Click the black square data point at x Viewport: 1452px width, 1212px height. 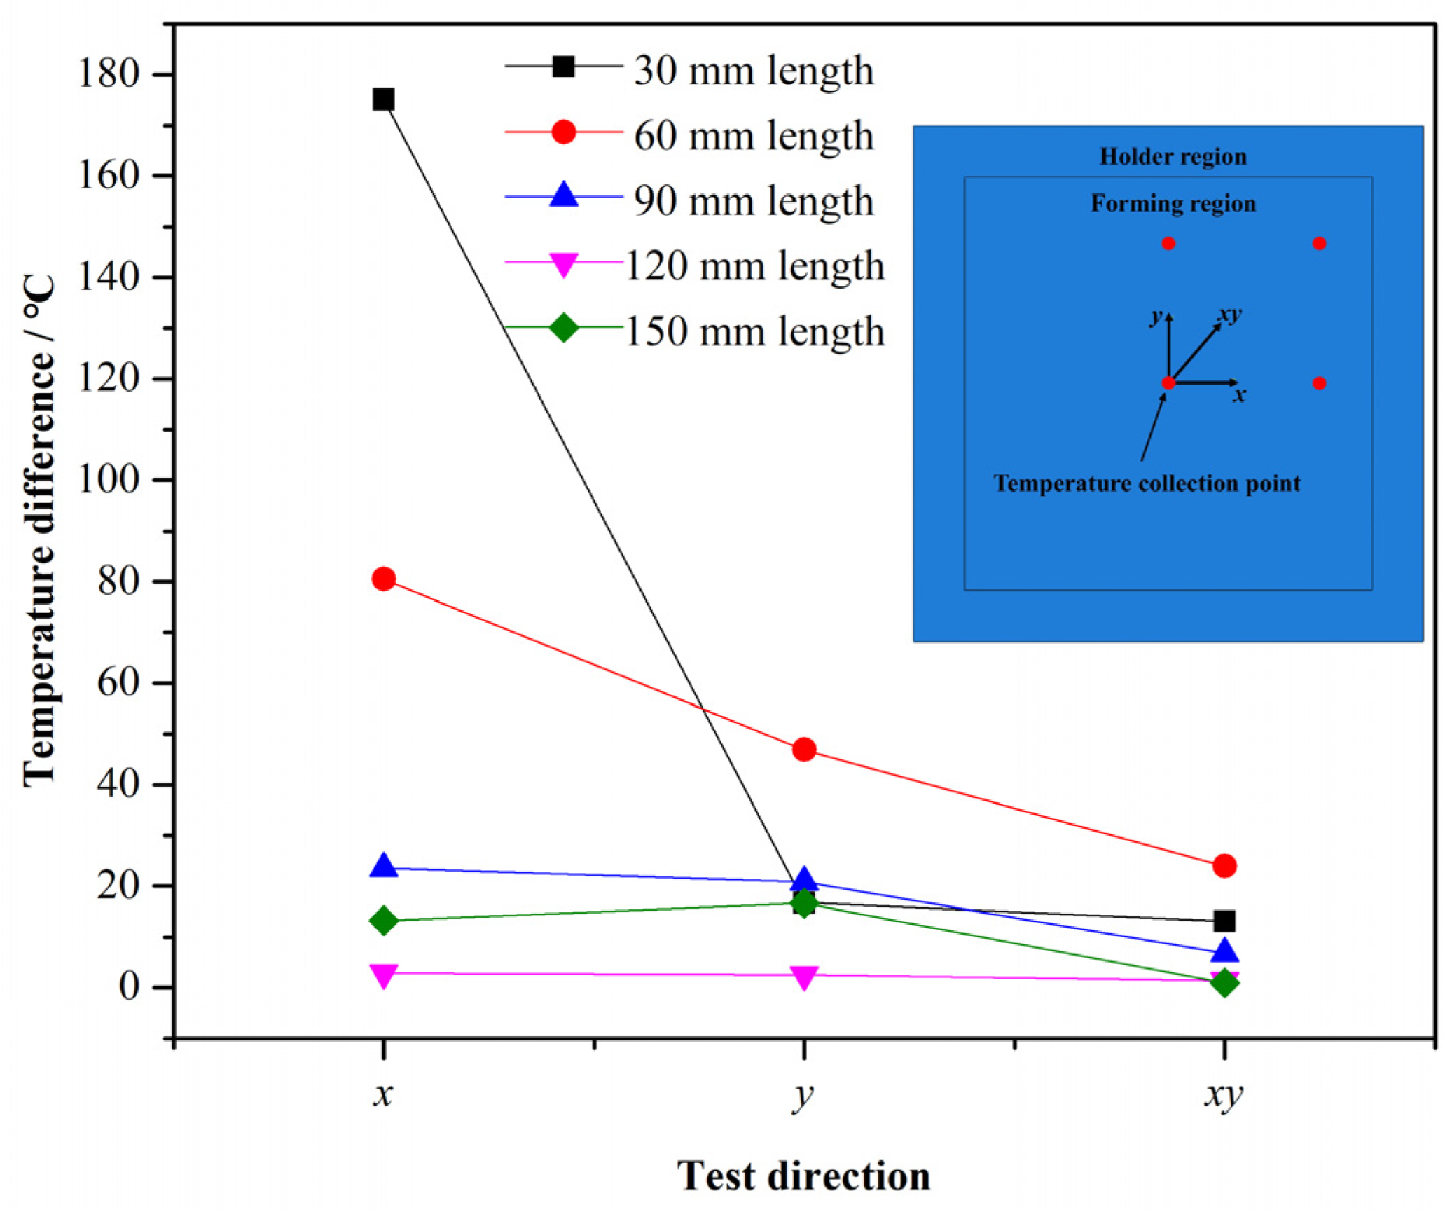(382, 99)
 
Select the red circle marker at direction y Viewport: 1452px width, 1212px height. (803, 749)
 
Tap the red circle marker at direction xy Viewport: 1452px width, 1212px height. (1224, 865)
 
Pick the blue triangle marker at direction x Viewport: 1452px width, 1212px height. (383, 866)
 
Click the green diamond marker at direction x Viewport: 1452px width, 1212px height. (383, 920)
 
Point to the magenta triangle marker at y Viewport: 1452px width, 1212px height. (803, 977)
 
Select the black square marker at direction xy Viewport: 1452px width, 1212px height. (1224, 920)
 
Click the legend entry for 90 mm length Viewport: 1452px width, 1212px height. (753, 201)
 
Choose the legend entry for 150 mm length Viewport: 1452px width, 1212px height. (753, 331)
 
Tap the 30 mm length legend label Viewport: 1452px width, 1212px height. (753, 70)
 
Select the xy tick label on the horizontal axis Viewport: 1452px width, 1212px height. (1224, 1094)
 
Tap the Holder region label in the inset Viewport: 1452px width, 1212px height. (1173, 156)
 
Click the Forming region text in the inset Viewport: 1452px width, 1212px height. (1173, 203)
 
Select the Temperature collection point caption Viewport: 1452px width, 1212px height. (1146, 483)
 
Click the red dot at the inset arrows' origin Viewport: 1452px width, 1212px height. (1168, 383)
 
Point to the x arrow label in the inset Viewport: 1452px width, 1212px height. (1239, 395)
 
